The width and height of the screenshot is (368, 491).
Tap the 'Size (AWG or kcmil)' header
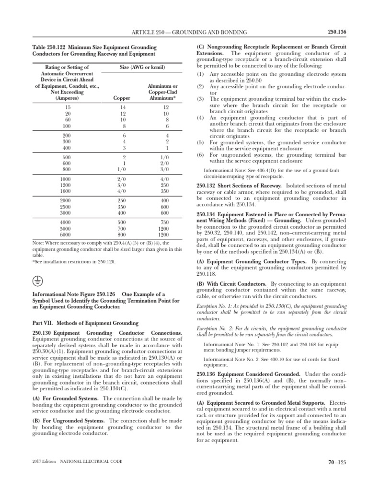[x=139, y=68]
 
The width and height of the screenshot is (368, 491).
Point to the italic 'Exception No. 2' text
[x=215, y=327]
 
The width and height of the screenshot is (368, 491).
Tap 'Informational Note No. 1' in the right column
[x=232, y=344]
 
